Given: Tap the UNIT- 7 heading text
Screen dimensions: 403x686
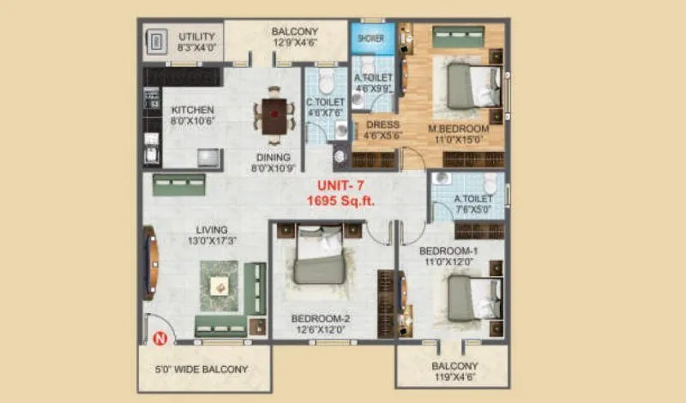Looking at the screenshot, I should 345,185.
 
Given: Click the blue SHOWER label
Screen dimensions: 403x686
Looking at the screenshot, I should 370,38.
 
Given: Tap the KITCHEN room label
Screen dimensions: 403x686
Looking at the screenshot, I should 192,111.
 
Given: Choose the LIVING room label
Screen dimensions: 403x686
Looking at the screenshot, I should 211,230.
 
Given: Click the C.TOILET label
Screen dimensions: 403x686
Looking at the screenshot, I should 325,103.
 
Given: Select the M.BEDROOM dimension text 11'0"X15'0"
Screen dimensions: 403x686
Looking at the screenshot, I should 459,141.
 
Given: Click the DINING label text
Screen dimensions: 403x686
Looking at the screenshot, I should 273,158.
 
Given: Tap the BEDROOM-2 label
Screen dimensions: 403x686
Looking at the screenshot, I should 320,317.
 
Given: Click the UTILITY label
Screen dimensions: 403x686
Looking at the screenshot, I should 197,37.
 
